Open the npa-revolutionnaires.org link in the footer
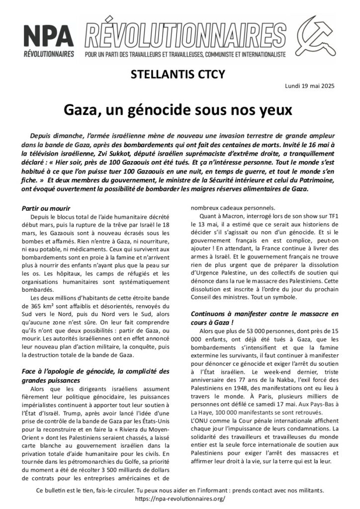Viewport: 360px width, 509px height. click(x=180, y=499)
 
